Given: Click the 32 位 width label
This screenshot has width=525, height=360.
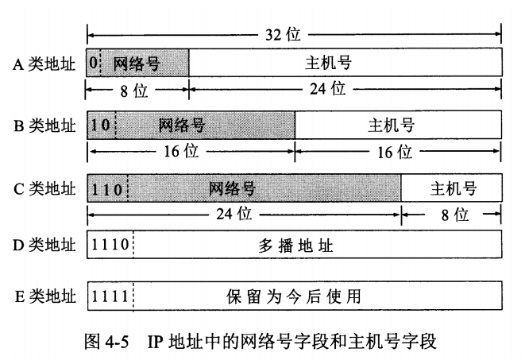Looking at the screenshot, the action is point(282,35).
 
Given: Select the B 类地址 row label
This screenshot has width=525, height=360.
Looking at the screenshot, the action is point(44,126).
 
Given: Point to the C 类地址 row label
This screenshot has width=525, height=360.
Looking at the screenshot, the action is point(44,188).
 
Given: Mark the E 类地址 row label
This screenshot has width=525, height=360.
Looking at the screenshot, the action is point(44,296).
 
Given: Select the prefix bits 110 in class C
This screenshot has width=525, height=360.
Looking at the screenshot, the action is point(106,188).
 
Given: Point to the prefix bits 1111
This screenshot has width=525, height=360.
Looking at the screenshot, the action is point(110,296).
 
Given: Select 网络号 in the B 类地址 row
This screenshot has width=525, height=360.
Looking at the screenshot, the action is point(183,126).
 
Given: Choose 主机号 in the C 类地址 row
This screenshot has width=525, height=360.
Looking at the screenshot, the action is point(453,188).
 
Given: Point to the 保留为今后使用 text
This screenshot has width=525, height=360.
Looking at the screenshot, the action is point(294,296).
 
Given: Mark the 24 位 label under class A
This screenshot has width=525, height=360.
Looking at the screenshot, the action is point(328,89).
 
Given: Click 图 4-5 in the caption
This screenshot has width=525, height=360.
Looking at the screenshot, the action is point(106,343).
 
